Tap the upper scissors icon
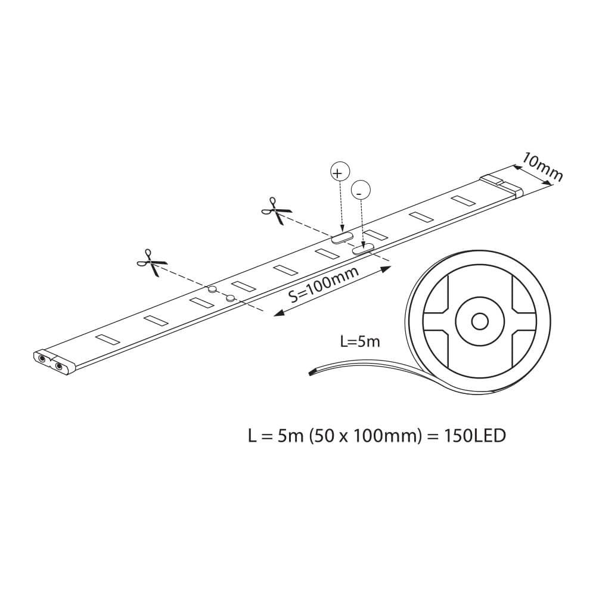pyautogui.click(x=277, y=211)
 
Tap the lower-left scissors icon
pyautogui.click(x=152, y=263)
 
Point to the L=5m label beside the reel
pyautogui.click(x=360, y=342)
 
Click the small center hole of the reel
pyautogui.click(x=480, y=322)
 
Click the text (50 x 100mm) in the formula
pyautogui.click(x=366, y=436)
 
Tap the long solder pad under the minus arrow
pyautogui.click(x=364, y=249)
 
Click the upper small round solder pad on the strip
pyautogui.click(x=212, y=289)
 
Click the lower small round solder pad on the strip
pyautogui.click(x=230, y=299)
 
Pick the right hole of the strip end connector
pyautogui.click(x=59, y=366)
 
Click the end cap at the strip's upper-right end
pyautogui.click(x=502, y=185)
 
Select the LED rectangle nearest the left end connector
pyautogui.click(x=107, y=339)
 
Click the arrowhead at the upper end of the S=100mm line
pyautogui.click(x=386, y=269)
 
